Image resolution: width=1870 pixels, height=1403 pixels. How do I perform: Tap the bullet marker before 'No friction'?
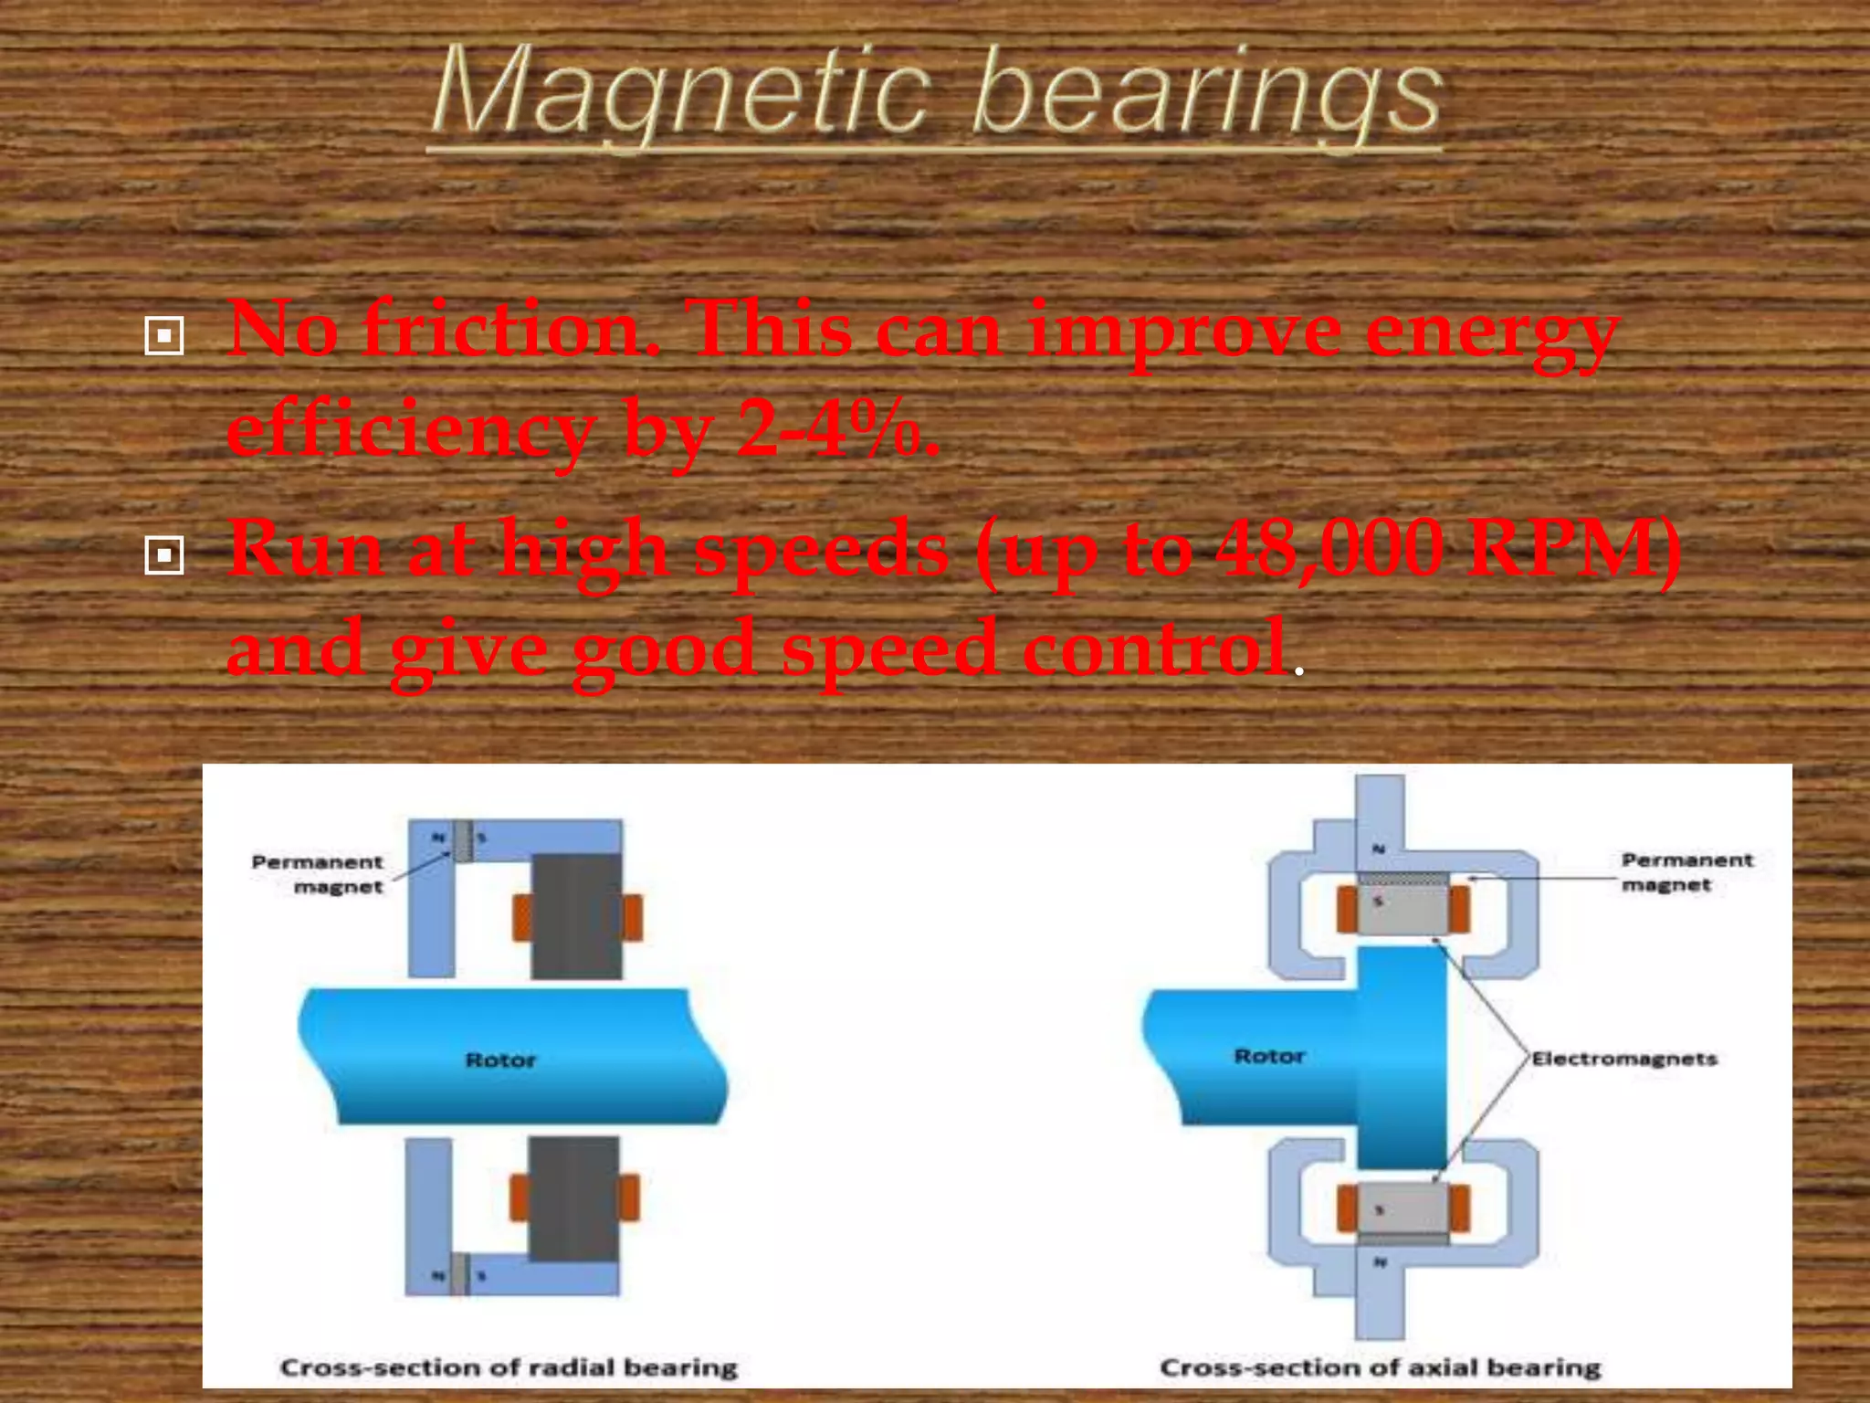(x=164, y=336)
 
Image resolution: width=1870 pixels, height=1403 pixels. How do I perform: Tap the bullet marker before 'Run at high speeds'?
(x=164, y=554)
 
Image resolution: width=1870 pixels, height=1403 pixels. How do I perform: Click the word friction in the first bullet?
(x=511, y=331)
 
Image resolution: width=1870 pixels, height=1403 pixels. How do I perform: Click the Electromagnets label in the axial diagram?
(x=1624, y=1059)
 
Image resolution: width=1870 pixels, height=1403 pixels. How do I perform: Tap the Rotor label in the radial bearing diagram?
(x=500, y=1060)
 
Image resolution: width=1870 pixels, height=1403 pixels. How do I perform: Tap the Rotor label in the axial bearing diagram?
(x=1269, y=1057)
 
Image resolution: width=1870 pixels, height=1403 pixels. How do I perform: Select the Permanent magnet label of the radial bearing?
(x=318, y=874)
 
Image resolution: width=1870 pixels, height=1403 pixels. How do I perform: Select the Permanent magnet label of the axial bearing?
(x=1686, y=871)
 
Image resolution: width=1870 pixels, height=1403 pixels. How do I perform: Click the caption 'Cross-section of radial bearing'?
(x=509, y=1367)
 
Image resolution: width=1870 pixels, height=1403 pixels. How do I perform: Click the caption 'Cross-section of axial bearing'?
(x=1380, y=1367)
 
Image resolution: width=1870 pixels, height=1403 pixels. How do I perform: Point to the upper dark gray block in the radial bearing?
(x=576, y=916)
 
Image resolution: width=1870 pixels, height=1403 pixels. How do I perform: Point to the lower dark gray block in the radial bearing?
(x=573, y=1198)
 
